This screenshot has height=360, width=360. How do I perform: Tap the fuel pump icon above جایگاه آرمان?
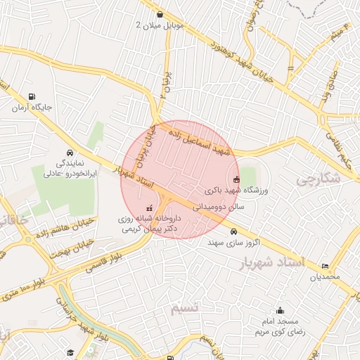click(x=32, y=97)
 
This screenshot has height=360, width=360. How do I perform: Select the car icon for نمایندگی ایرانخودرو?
click(x=70, y=153)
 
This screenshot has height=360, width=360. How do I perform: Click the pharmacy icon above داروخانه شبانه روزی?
click(x=149, y=209)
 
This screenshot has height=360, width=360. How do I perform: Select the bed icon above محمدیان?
click(x=324, y=266)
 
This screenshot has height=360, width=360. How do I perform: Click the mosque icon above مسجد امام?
click(x=280, y=311)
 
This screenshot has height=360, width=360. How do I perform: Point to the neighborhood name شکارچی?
click(x=318, y=179)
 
